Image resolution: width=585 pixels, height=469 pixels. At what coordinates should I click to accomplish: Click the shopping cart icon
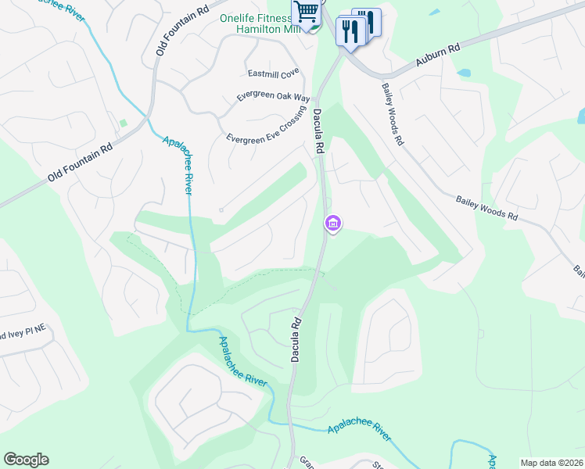(307, 12)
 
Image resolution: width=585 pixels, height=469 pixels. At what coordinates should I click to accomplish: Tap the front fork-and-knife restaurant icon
(349, 31)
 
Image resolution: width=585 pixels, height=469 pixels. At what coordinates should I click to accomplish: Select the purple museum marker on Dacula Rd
(333, 224)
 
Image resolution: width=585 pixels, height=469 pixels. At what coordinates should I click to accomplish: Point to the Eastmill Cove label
(274, 73)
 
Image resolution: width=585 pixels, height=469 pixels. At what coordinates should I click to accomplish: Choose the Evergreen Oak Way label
(274, 98)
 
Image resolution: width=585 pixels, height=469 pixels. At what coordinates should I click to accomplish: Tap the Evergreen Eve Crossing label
(265, 128)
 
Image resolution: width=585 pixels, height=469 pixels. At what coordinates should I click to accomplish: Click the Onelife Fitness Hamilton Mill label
(267, 23)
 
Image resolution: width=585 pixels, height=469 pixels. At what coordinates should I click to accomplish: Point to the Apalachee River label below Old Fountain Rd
(178, 165)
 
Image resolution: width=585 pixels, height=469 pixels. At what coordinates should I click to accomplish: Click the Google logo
(26, 460)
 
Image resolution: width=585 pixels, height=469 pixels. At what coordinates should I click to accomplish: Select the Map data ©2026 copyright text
(551, 463)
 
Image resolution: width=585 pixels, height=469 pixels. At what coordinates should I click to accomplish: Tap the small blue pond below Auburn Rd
(465, 73)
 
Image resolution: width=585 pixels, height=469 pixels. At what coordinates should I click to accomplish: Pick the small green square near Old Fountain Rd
(123, 124)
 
